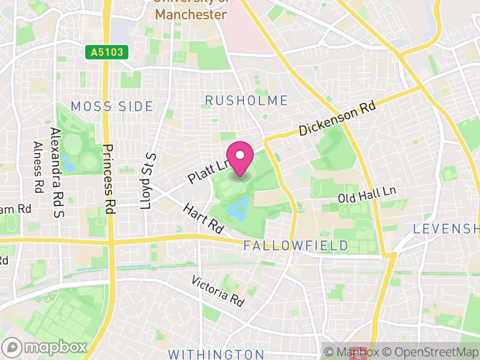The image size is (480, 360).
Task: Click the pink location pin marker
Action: point(240,158)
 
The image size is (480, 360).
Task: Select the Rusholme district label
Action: point(247,100)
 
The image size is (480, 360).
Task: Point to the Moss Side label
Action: point(112,107)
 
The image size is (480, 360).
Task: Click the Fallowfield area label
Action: point(296,245)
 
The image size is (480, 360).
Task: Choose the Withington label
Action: point(216,354)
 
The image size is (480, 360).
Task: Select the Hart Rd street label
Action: point(204,217)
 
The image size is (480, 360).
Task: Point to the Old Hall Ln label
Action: point(367,194)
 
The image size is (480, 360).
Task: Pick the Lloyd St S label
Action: point(148,181)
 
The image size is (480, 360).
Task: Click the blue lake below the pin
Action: point(238,209)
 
